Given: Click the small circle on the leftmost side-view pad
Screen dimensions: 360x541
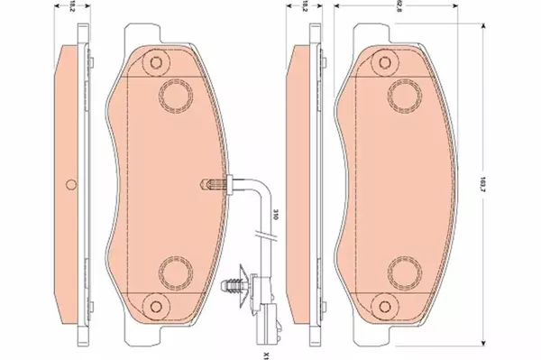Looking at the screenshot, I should click(70, 187).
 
